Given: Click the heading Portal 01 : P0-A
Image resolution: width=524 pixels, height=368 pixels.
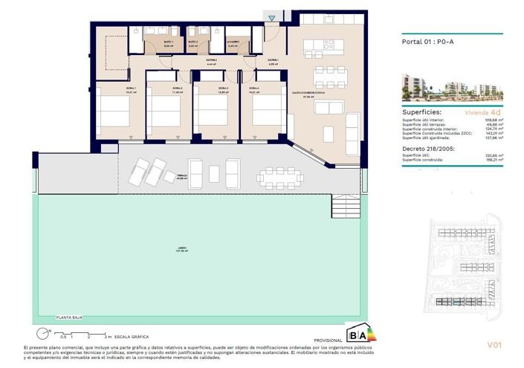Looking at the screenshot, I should pos(427,42).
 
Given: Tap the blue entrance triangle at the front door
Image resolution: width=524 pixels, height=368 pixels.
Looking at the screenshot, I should pos(273,18).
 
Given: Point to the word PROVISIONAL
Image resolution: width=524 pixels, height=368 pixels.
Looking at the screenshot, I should pos(329,338).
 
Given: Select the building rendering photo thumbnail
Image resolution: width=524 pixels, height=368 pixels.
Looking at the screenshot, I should pos(452,87).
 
